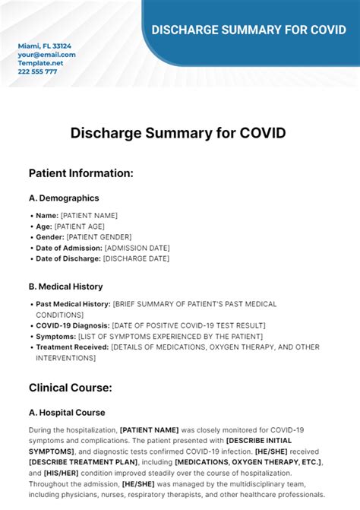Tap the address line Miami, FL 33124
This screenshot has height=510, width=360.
point(45,46)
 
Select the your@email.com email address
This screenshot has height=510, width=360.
point(46,55)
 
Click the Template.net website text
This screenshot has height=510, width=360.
point(41,63)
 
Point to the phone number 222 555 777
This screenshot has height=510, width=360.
point(37,71)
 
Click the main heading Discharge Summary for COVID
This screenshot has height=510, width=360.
point(178,133)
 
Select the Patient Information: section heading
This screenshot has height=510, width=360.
point(81,173)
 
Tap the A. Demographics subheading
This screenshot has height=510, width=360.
point(64,198)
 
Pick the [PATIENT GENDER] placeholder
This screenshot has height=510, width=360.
point(98,237)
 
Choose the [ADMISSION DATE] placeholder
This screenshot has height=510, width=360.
point(137,248)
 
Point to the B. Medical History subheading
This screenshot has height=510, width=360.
point(65,287)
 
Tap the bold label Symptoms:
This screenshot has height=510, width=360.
point(55,336)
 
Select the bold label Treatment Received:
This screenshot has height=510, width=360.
point(72,347)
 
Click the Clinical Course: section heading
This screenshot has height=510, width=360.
point(70,388)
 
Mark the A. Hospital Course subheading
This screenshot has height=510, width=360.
point(67,413)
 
